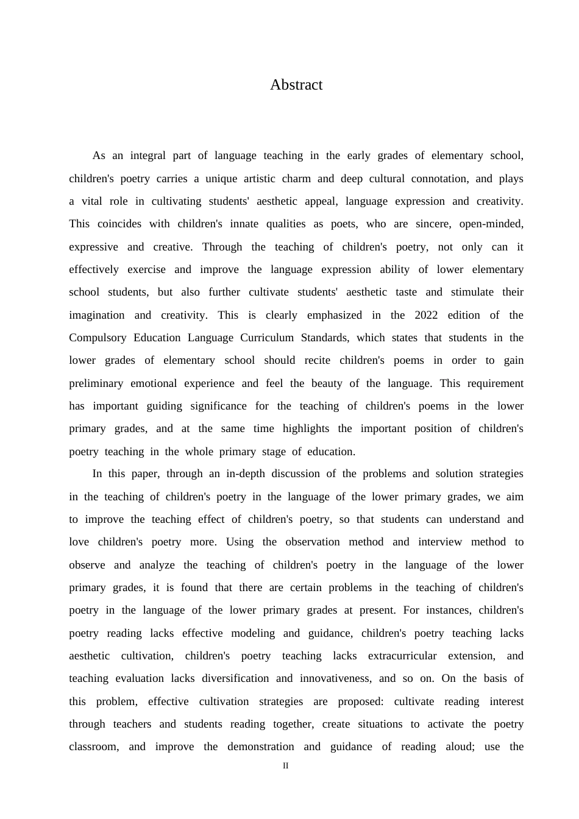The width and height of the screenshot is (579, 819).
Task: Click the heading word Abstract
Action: (x=296, y=85)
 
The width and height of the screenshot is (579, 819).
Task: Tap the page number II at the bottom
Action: (x=286, y=766)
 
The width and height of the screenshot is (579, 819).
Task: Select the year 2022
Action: (x=426, y=315)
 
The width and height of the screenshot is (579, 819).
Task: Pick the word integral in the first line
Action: (x=147, y=155)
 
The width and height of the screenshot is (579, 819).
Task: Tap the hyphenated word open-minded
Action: (x=491, y=224)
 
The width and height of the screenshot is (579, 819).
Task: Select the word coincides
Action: (x=119, y=224)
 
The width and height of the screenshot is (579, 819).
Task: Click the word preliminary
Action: (x=96, y=383)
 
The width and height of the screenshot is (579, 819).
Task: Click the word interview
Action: (x=440, y=542)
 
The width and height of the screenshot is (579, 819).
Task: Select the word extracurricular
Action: (x=402, y=656)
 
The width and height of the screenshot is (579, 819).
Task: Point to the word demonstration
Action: (x=261, y=746)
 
